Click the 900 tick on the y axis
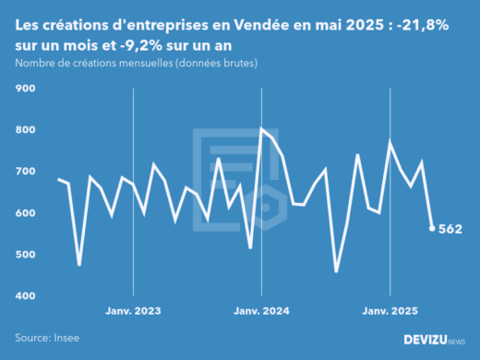coord(25,89)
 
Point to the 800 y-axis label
coord(25,130)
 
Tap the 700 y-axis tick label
coord(25,172)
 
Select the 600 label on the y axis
coord(25,213)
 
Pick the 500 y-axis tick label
coord(25,255)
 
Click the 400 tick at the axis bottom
coord(25,296)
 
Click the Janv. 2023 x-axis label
coord(134,311)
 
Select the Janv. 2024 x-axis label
coord(262,311)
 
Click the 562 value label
coord(450,229)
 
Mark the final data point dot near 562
coord(432,229)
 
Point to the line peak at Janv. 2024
coord(262,129)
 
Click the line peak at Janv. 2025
coord(390,141)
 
